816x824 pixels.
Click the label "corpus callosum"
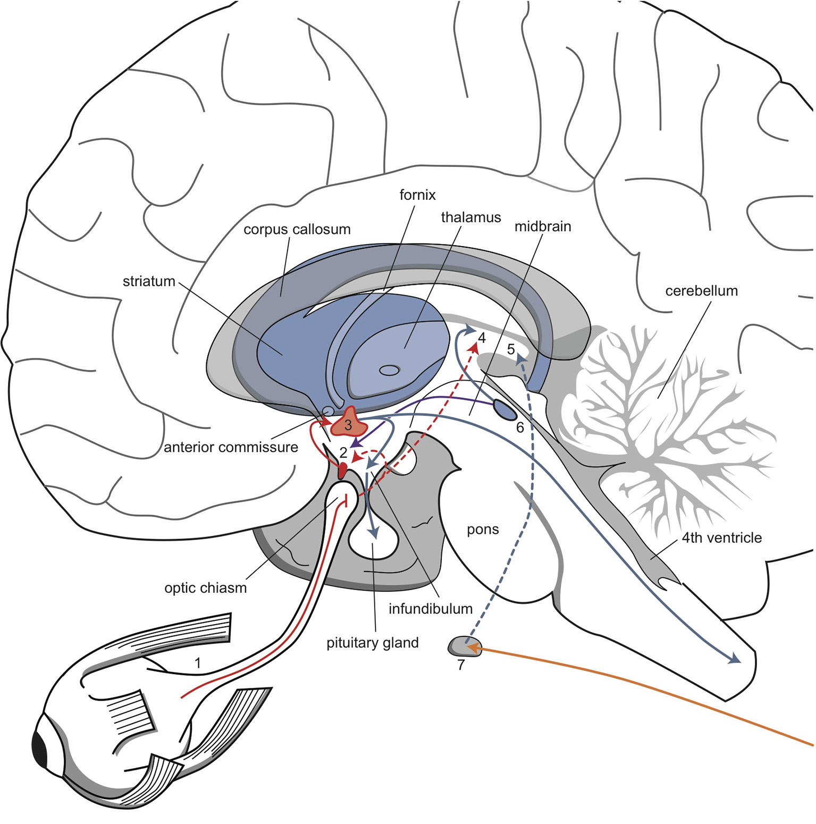point(297,230)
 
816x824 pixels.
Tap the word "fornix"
point(417,195)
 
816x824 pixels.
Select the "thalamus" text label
point(470,217)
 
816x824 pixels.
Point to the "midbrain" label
point(542,226)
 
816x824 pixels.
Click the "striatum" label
point(149,281)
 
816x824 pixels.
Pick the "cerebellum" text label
point(701,291)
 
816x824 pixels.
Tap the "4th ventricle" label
point(721,538)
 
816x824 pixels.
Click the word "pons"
point(483,529)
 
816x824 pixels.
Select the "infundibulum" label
point(430,609)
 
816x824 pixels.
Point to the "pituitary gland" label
point(372,643)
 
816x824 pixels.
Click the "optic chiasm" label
point(205,588)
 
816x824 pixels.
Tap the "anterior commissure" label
point(231,447)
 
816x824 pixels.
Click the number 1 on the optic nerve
point(198,663)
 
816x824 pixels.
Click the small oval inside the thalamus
point(390,370)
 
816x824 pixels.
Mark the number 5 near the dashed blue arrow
point(511,349)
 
